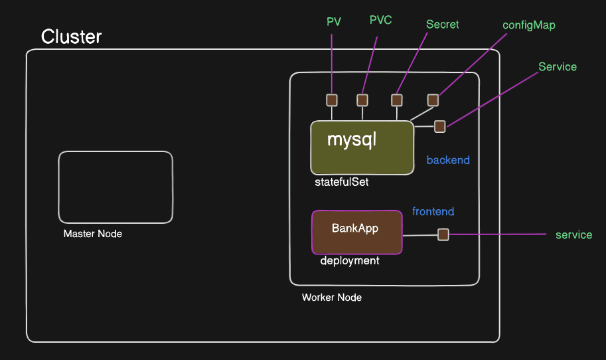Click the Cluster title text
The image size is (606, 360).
pos(72,37)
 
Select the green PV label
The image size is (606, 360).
pos(334,22)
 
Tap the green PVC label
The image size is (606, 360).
pos(381,20)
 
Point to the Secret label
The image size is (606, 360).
pos(443,25)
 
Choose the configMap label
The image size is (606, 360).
pos(529,25)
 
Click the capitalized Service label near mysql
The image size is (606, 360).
pos(558,67)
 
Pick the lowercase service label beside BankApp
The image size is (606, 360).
pos(573,235)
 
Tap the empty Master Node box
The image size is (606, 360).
pos(115,187)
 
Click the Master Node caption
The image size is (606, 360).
pos(93,234)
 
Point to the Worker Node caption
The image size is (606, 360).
pos(332,298)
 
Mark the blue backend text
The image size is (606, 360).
pos(448,160)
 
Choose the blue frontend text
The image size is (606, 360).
pos(433,212)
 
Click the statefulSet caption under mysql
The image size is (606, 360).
pos(342,182)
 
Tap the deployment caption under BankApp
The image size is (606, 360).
pos(350,261)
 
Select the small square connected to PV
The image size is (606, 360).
pos(332,100)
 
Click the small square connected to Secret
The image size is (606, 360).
pos(397,100)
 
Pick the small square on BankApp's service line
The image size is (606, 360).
pos(443,234)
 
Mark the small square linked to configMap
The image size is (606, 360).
pos(433,100)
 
